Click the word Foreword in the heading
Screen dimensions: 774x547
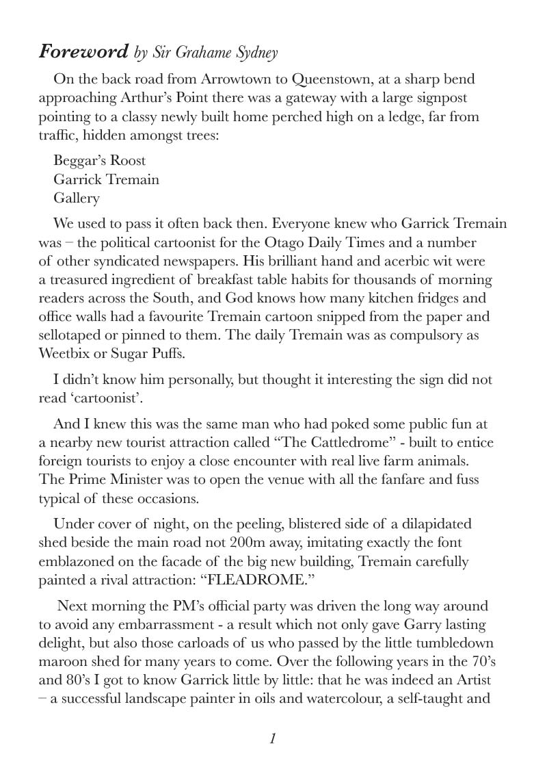(x=83, y=52)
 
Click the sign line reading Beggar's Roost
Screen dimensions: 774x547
(x=100, y=161)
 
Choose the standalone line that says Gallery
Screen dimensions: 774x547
(x=77, y=198)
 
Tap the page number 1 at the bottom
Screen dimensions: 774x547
(x=272, y=738)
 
